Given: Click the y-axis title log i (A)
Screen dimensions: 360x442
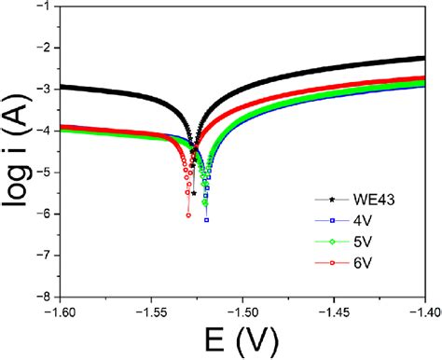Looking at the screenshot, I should click(16, 149).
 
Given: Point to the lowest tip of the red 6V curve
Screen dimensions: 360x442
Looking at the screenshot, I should click(188, 215).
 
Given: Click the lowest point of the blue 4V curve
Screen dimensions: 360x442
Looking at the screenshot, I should click(207, 220).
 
